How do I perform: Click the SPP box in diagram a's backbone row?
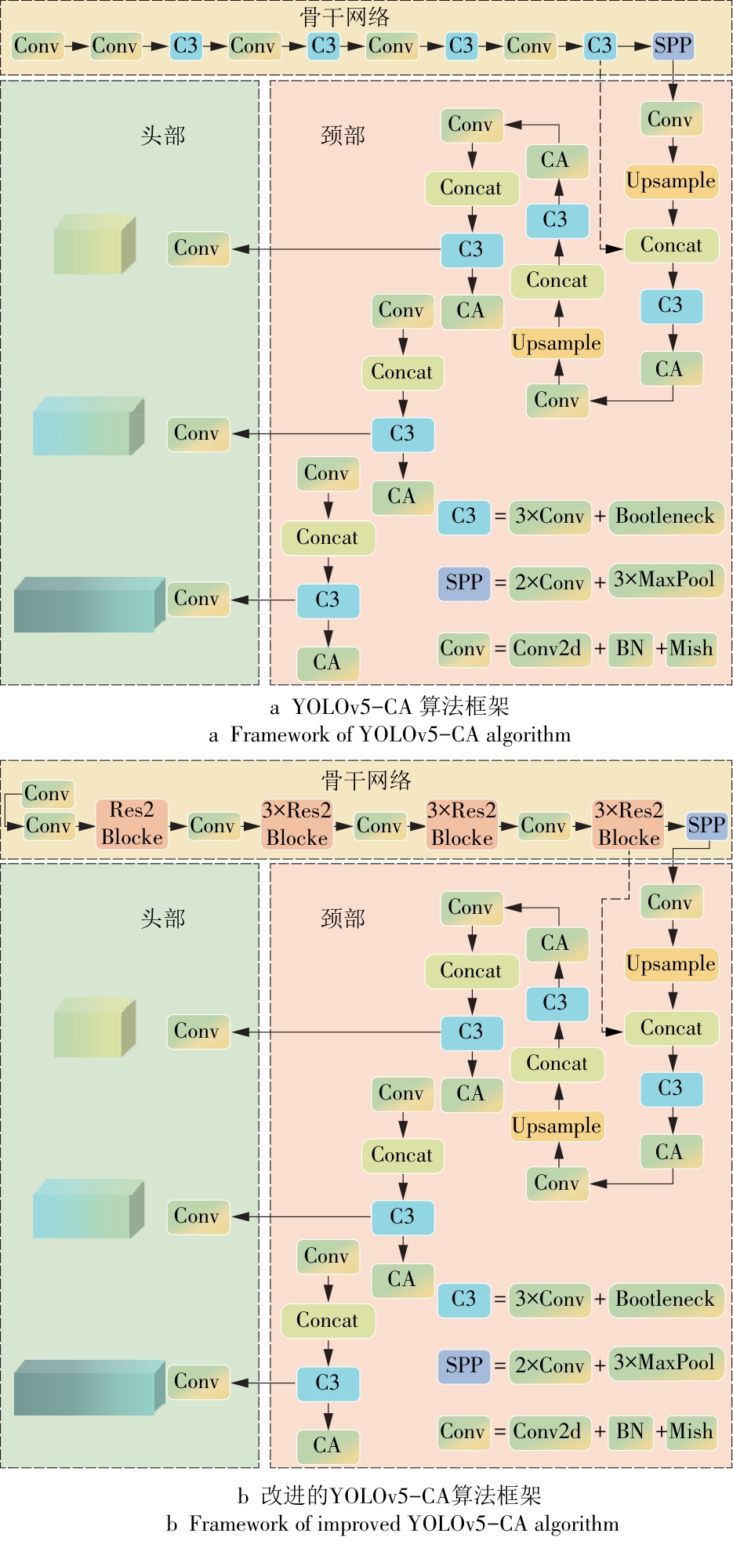pyautogui.click(x=673, y=46)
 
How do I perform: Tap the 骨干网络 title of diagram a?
pyautogui.click(x=344, y=17)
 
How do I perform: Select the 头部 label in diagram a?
pyautogui.click(x=163, y=136)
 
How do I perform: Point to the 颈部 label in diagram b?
pyautogui.click(x=343, y=919)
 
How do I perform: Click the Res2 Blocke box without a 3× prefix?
pyautogui.click(x=132, y=824)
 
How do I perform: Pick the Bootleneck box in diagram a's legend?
pyautogui.click(x=665, y=517)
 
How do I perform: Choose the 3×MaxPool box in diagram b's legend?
pyautogui.click(x=664, y=1363)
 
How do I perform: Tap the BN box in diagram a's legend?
pyautogui.click(x=630, y=649)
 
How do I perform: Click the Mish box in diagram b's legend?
pyautogui.click(x=691, y=1432)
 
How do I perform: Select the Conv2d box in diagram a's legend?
pyautogui.click(x=547, y=649)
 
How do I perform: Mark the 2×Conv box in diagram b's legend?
pyautogui.click(x=550, y=1366)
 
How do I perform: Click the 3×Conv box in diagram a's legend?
pyautogui.click(x=550, y=517)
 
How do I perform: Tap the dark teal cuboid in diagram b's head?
pyautogui.click(x=89, y=1388)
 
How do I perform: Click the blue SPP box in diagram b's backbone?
pyautogui.click(x=706, y=825)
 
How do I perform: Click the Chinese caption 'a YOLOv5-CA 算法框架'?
pyautogui.click(x=390, y=707)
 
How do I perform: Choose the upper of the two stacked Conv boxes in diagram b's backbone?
pyautogui.click(x=48, y=794)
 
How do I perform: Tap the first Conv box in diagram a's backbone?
pyautogui.click(x=37, y=46)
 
